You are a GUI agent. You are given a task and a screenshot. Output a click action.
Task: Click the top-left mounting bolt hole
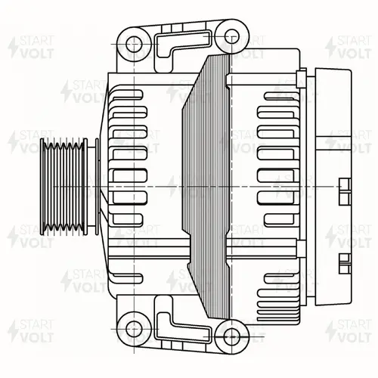(x=134, y=44)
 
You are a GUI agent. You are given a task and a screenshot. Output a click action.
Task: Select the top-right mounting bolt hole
(x=231, y=36)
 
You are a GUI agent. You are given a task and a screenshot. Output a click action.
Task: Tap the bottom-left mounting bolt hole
(x=134, y=329)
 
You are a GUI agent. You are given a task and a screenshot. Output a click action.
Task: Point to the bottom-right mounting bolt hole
(x=231, y=336)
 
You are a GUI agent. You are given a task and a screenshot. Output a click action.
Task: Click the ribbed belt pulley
(x=64, y=187)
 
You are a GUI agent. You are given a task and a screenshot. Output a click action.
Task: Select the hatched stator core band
(x=206, y=187)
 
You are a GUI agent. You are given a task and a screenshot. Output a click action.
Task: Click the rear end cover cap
(x=333, y=187)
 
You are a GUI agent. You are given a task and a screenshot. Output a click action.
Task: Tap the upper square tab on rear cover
(x=345, y=191)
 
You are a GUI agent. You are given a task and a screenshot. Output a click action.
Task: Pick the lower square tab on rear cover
(x=345, y=264)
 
